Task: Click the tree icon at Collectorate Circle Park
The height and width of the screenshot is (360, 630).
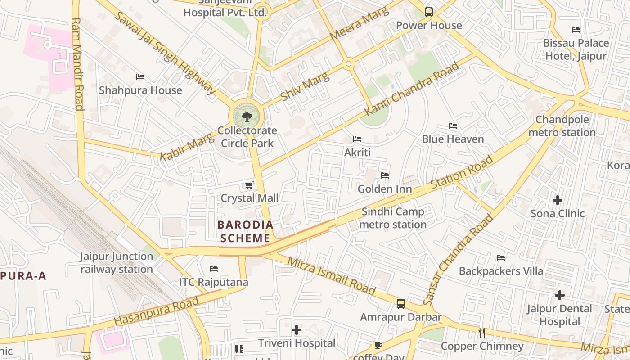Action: (247, 117)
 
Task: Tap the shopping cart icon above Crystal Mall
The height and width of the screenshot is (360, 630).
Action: (249, 185)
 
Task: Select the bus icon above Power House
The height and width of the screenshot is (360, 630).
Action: (429, 12)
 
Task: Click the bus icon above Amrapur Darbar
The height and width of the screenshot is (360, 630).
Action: (401, 304)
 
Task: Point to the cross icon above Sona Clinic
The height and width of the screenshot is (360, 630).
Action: (558, 200)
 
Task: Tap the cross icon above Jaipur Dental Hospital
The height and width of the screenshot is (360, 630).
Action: (559, 295)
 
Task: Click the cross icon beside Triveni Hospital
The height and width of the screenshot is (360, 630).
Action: (297, 330)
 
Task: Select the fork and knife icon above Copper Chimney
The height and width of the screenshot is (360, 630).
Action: (482, 333)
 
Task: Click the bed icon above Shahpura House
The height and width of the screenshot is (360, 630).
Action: (140, 77)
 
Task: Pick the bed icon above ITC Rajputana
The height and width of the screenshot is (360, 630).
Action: (214, 269)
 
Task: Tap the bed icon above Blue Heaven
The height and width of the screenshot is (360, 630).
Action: (453, 126)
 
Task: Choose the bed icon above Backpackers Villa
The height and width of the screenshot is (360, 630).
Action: (501, 258)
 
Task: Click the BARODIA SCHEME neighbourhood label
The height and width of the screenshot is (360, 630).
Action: (245, 231)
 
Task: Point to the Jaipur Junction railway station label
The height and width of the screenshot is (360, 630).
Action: (117, 263)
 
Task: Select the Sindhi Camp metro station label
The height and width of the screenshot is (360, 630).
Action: (393, 218)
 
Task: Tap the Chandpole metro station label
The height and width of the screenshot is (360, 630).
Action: (562, 126)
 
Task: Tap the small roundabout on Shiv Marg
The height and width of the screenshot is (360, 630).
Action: (348, 64)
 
